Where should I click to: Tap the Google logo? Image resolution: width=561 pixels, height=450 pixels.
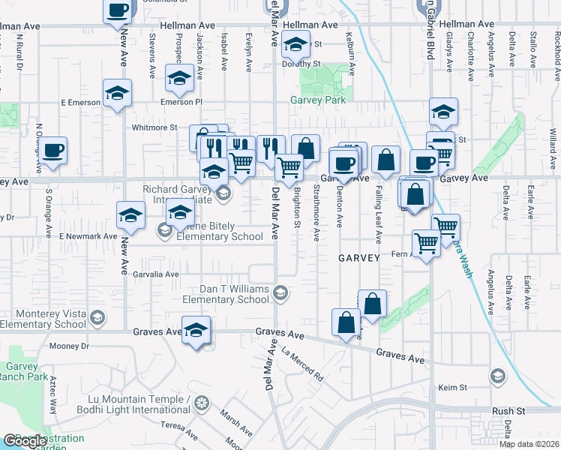pyautogui.click(x=25, y=441)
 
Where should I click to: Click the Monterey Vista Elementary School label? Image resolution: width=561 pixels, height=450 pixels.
pyautogui.click(x=43, y=319)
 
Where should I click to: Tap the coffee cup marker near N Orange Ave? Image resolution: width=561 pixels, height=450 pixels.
pyautogui.click(x=52, y=150)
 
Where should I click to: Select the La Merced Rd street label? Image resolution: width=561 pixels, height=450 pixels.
pyautogui.click(x=301, y=362)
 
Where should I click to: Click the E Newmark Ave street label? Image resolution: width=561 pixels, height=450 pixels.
pyautogui.click(x=89, y=236)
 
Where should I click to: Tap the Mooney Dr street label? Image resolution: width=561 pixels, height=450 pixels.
pyautogui.click(x=69, y=346)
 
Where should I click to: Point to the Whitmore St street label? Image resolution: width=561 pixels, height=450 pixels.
pyautogui.click(x=153, y=128)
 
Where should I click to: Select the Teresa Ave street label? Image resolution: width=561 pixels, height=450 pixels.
pyautogui.click(x=178, y=430)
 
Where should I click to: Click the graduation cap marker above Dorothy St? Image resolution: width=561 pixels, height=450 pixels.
pyautogui.click(x=295, y=45)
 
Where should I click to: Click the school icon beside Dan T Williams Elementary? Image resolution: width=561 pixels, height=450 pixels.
pyautogui.click(x=280, y=292)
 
